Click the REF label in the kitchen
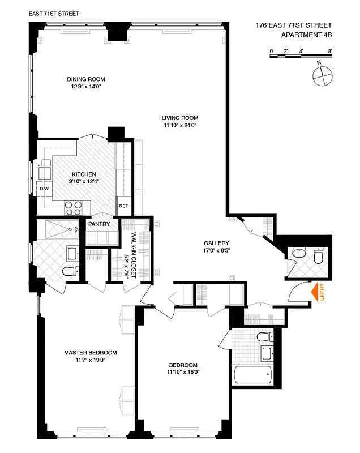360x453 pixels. [x=123, y=206]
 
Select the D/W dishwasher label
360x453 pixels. [x=44, y=189]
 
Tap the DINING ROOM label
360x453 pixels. [x=86, y=79]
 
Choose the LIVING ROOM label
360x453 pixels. [x=178, y=118]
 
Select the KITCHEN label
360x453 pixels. [x=83, y=174]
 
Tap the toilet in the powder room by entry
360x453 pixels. [x=318, y=258]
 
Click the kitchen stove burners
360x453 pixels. [x=73, y=207]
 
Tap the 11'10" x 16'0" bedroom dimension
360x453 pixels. [x=183, y=372]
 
